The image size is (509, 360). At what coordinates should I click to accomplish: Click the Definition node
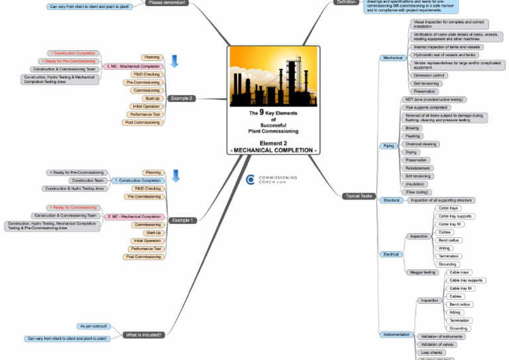pos(345,3)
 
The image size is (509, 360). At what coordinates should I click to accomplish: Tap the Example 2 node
pos(181,98)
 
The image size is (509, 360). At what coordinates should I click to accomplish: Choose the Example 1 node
pos(181,220)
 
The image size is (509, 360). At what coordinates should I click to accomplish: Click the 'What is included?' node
pos(143,335)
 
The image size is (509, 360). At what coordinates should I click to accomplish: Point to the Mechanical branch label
pos(392,58)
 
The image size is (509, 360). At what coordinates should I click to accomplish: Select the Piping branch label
pos(388,145)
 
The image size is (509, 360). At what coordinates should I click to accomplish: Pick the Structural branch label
pos(391,200)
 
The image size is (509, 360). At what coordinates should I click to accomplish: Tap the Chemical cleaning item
pos(420,144)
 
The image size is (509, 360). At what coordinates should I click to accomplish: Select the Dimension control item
pos(429,76)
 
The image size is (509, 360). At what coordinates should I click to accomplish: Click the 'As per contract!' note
pos(92,326)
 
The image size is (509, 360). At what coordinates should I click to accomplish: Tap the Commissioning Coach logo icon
pos(251,180)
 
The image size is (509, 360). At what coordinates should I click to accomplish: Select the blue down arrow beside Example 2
pos(175,62)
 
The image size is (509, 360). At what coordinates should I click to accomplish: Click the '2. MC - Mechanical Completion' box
pos(133,217)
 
